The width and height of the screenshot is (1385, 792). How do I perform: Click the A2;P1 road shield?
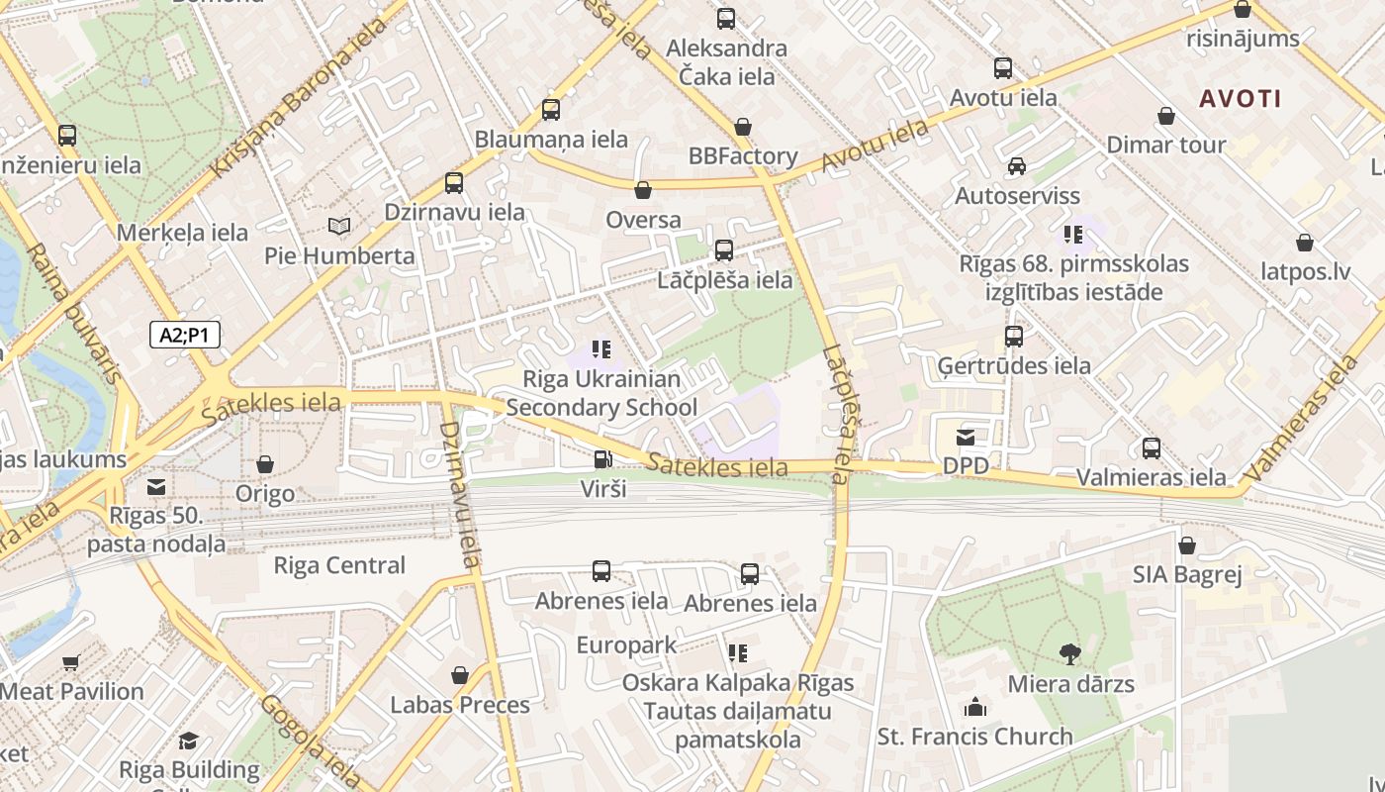[185, 335]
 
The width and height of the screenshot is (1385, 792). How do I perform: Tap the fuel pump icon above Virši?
[601, 459]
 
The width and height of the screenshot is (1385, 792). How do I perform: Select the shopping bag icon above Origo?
[265, 463]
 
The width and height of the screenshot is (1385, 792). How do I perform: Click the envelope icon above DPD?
[966, 437]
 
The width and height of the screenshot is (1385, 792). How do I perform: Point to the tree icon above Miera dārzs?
[1069, 653]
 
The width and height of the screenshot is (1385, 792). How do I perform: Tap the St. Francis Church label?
[974, 737]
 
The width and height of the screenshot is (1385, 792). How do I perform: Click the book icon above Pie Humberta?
[339, 227]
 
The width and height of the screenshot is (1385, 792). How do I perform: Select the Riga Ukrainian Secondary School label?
[601, 393]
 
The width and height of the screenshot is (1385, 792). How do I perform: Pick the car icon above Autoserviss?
[1017, 165]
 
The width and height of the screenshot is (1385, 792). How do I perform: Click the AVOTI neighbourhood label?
[1241, 98]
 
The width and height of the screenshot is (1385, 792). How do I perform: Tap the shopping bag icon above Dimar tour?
[1166, 116]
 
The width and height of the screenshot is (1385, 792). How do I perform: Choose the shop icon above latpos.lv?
[1305, 243]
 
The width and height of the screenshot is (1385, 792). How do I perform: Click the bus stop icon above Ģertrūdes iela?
[1014, 336]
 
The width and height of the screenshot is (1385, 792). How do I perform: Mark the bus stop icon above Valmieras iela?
[1151, 448]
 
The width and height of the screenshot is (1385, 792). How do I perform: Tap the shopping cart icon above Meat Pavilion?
[70, 662]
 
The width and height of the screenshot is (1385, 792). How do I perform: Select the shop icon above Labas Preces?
[459, 675]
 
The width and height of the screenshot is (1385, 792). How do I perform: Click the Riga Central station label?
[339, 565]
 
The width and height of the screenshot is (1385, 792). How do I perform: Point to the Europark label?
[627, 645]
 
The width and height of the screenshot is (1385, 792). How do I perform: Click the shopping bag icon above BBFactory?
[743, 127]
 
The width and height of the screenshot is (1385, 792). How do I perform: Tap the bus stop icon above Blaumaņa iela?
[551, 110]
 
